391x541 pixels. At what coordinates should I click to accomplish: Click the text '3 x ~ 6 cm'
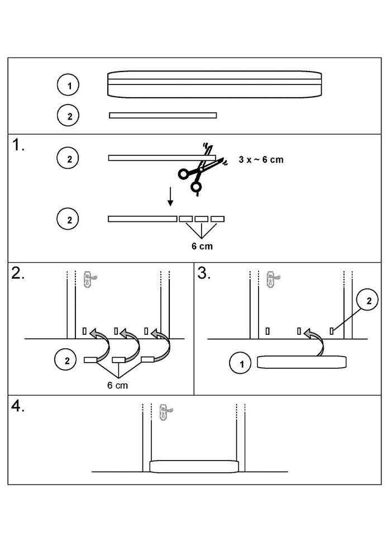[261, 160]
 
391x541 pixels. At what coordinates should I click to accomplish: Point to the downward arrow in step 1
[171, 197]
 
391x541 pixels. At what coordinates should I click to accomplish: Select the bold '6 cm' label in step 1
[202, 245]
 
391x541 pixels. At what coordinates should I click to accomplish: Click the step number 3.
[205, 274]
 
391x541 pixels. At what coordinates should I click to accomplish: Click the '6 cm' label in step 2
[119, 385]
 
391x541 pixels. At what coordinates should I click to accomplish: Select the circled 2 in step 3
[368, 302]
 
